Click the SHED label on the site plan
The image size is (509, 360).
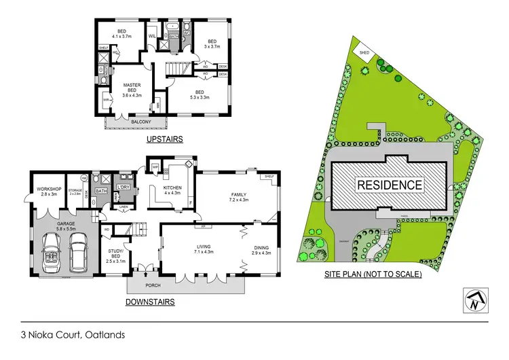pos(364,52)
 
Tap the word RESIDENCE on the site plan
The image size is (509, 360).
pos(390,184)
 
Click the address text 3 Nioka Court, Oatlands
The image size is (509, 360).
pos(73,334)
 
